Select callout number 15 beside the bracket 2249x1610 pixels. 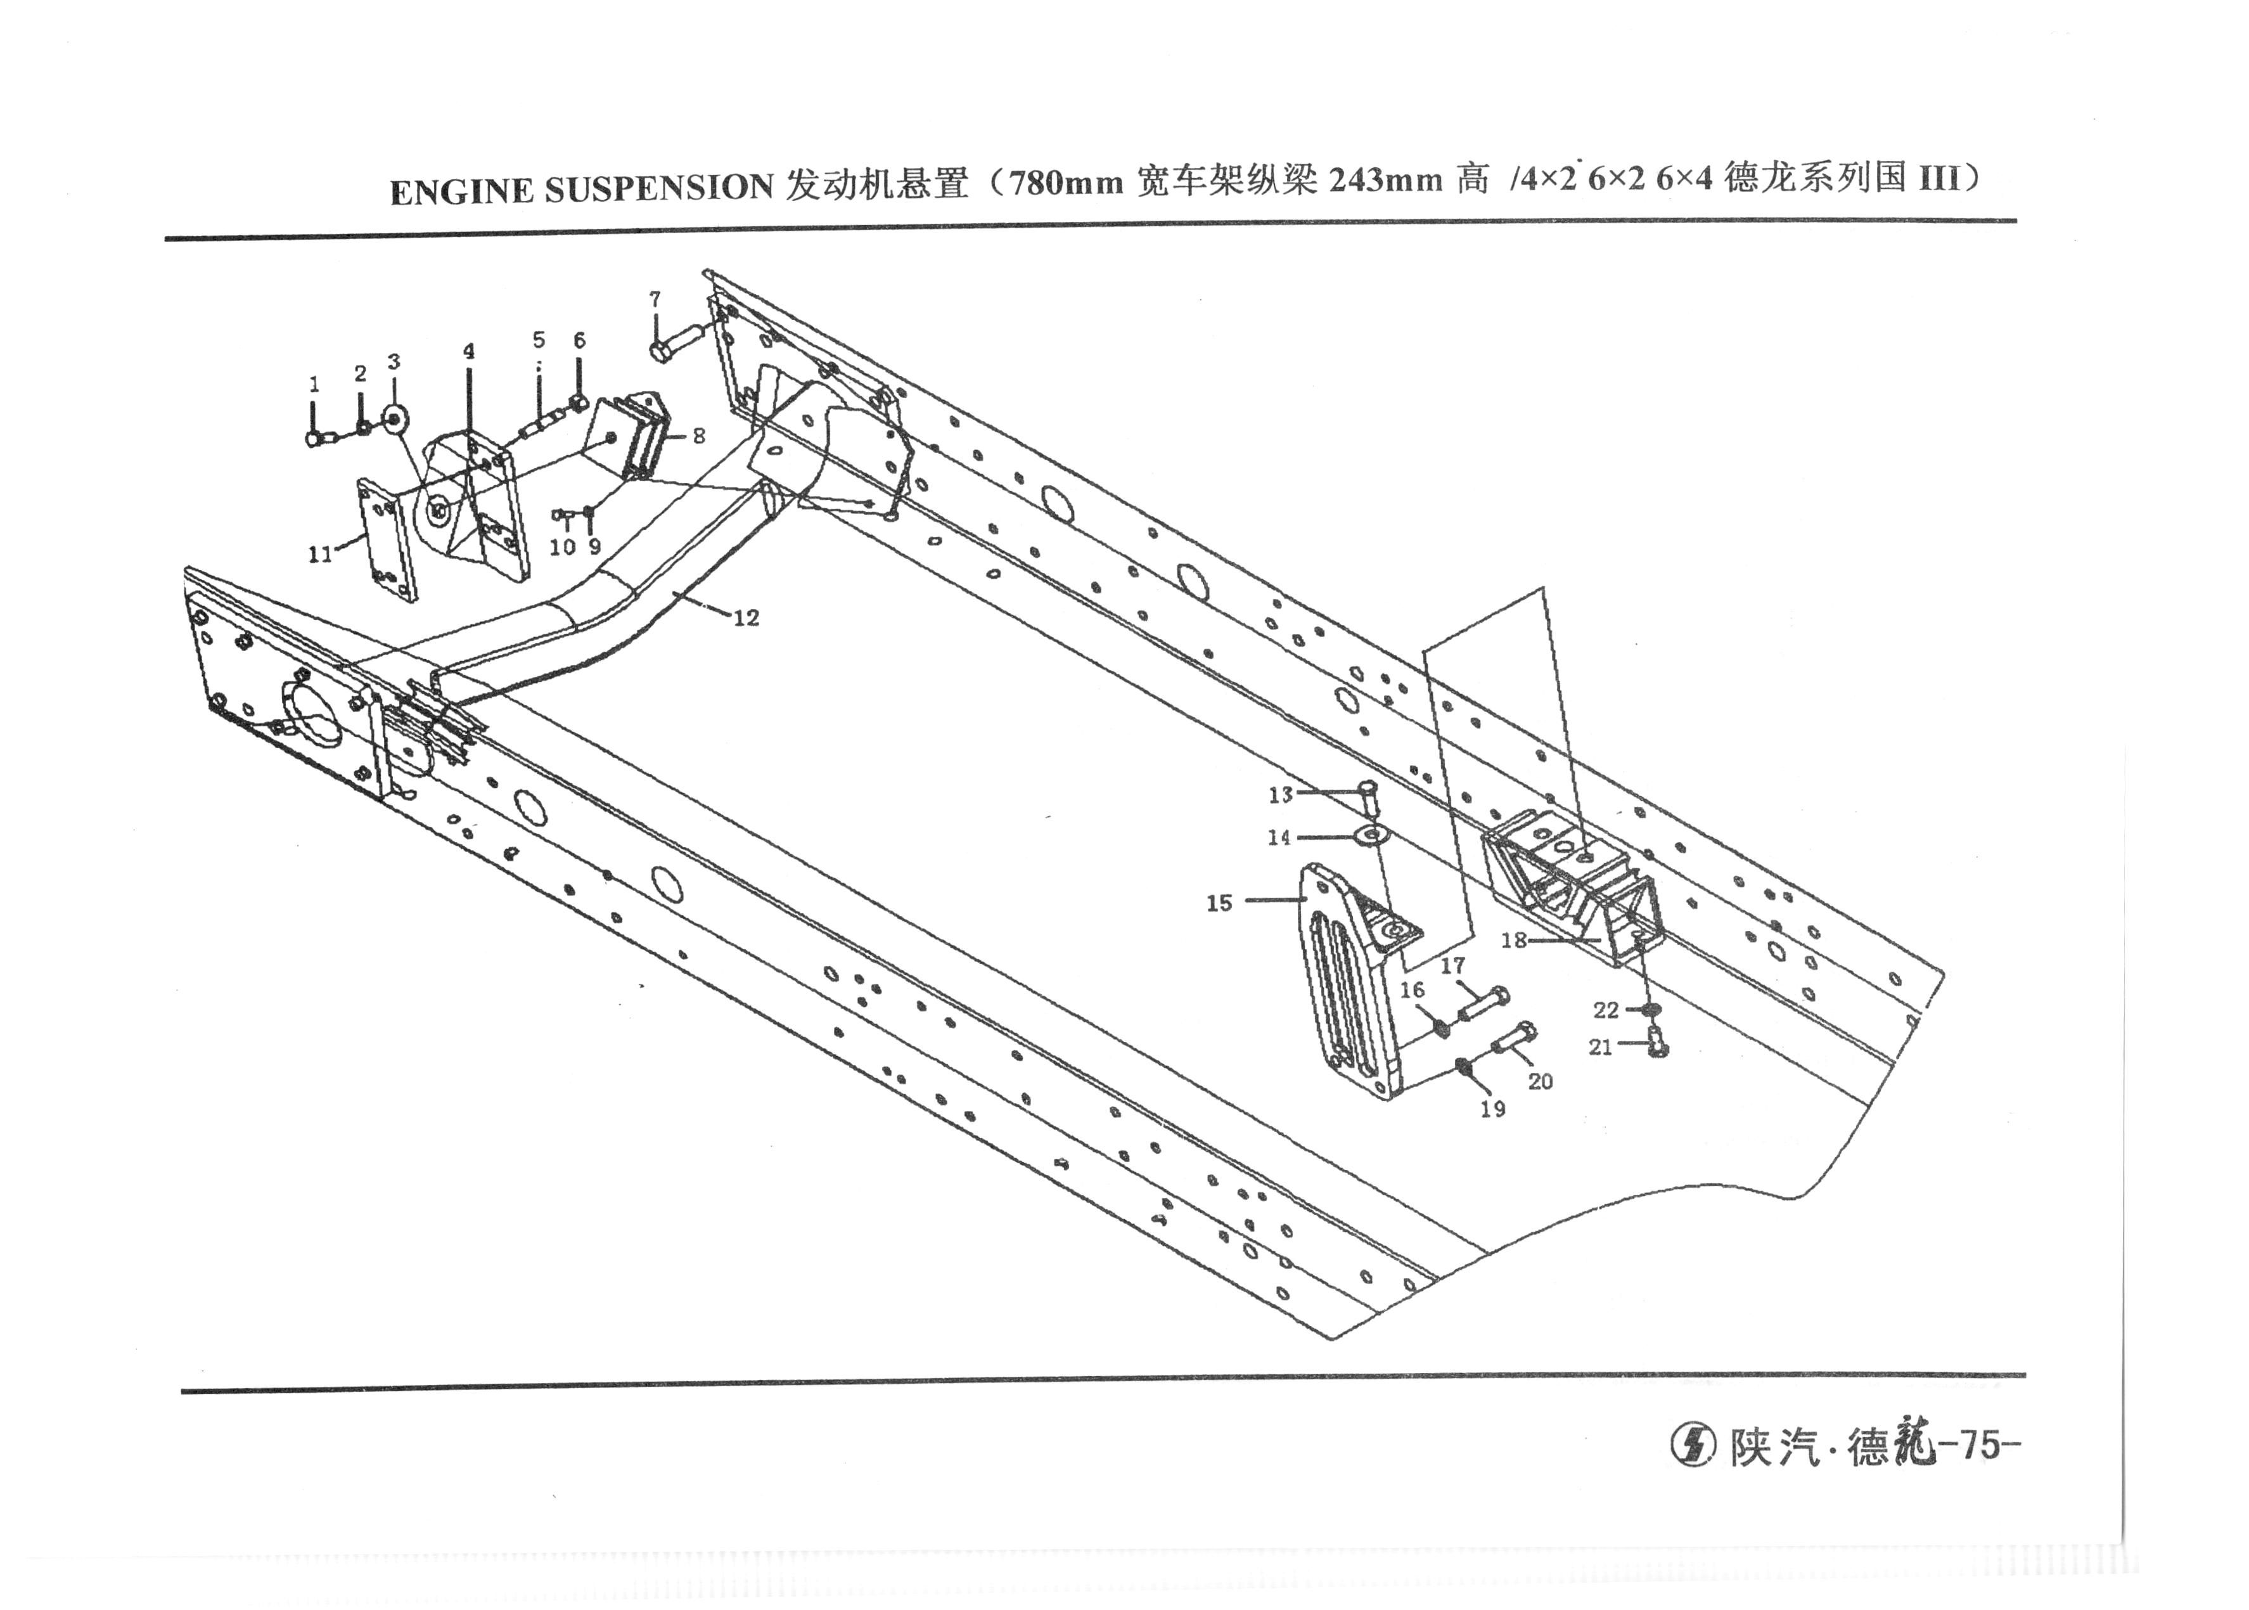(1219, 903)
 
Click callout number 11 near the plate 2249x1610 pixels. (320, 554)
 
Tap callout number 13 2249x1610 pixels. (1281, 794)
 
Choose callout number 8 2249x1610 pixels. (699, 436)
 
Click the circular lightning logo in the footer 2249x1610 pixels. (1694, 1445)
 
